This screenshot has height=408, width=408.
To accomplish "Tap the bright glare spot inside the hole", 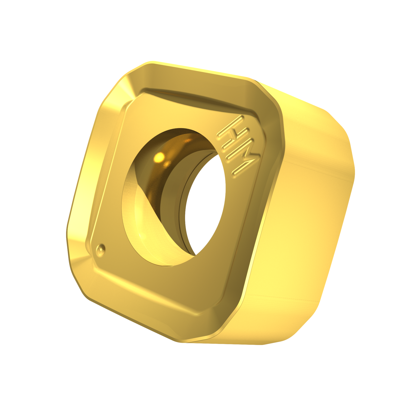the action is pos(160,157).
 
